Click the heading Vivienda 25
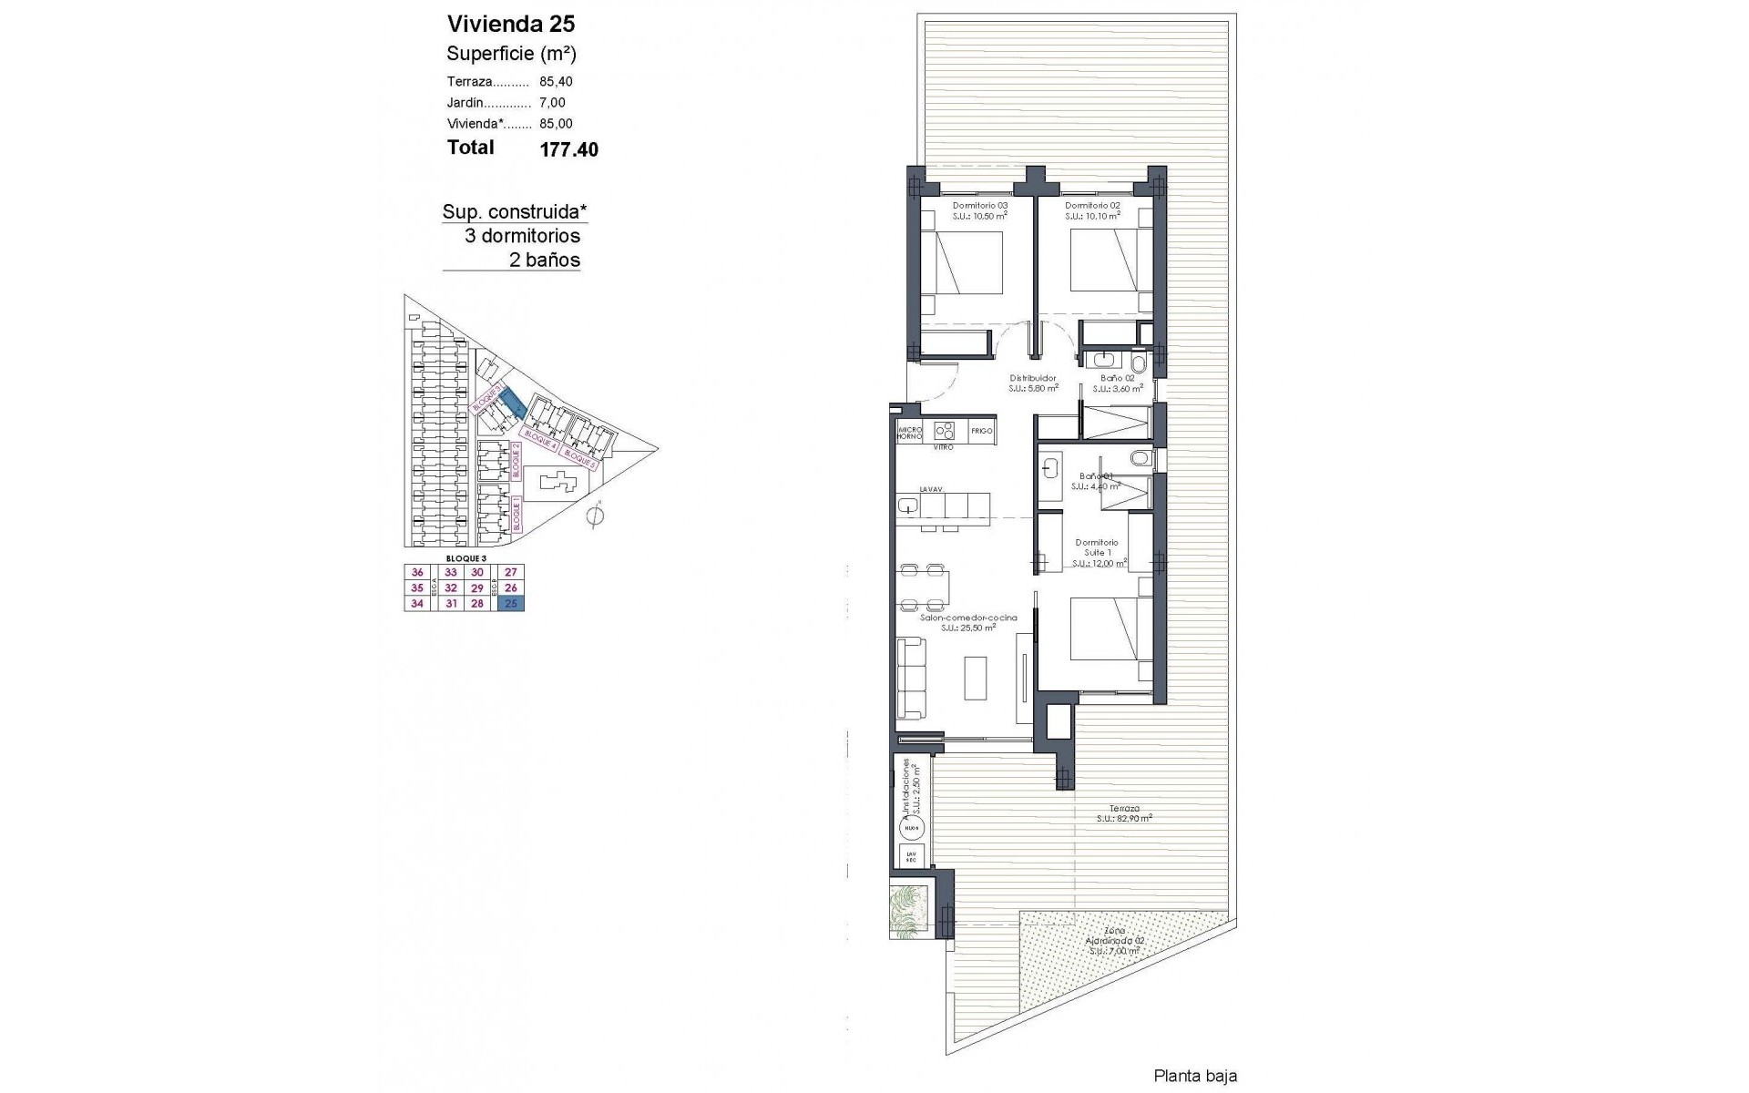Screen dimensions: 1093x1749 [511, 24]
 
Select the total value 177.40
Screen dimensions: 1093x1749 [569, 149]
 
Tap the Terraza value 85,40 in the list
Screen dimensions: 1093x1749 [556, 81]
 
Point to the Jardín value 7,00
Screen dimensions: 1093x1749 [552, 103]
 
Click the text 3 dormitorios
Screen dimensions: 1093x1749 [522, 236]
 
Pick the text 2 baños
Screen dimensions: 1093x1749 [544, 260]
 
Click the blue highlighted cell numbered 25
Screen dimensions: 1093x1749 [511, 604]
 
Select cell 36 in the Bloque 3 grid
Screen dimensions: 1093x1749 [417, 573]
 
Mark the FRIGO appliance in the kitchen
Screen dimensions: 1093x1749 [981, 431]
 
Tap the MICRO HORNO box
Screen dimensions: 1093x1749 [910, 432]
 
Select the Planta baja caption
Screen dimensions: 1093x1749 [1195, 1077]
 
